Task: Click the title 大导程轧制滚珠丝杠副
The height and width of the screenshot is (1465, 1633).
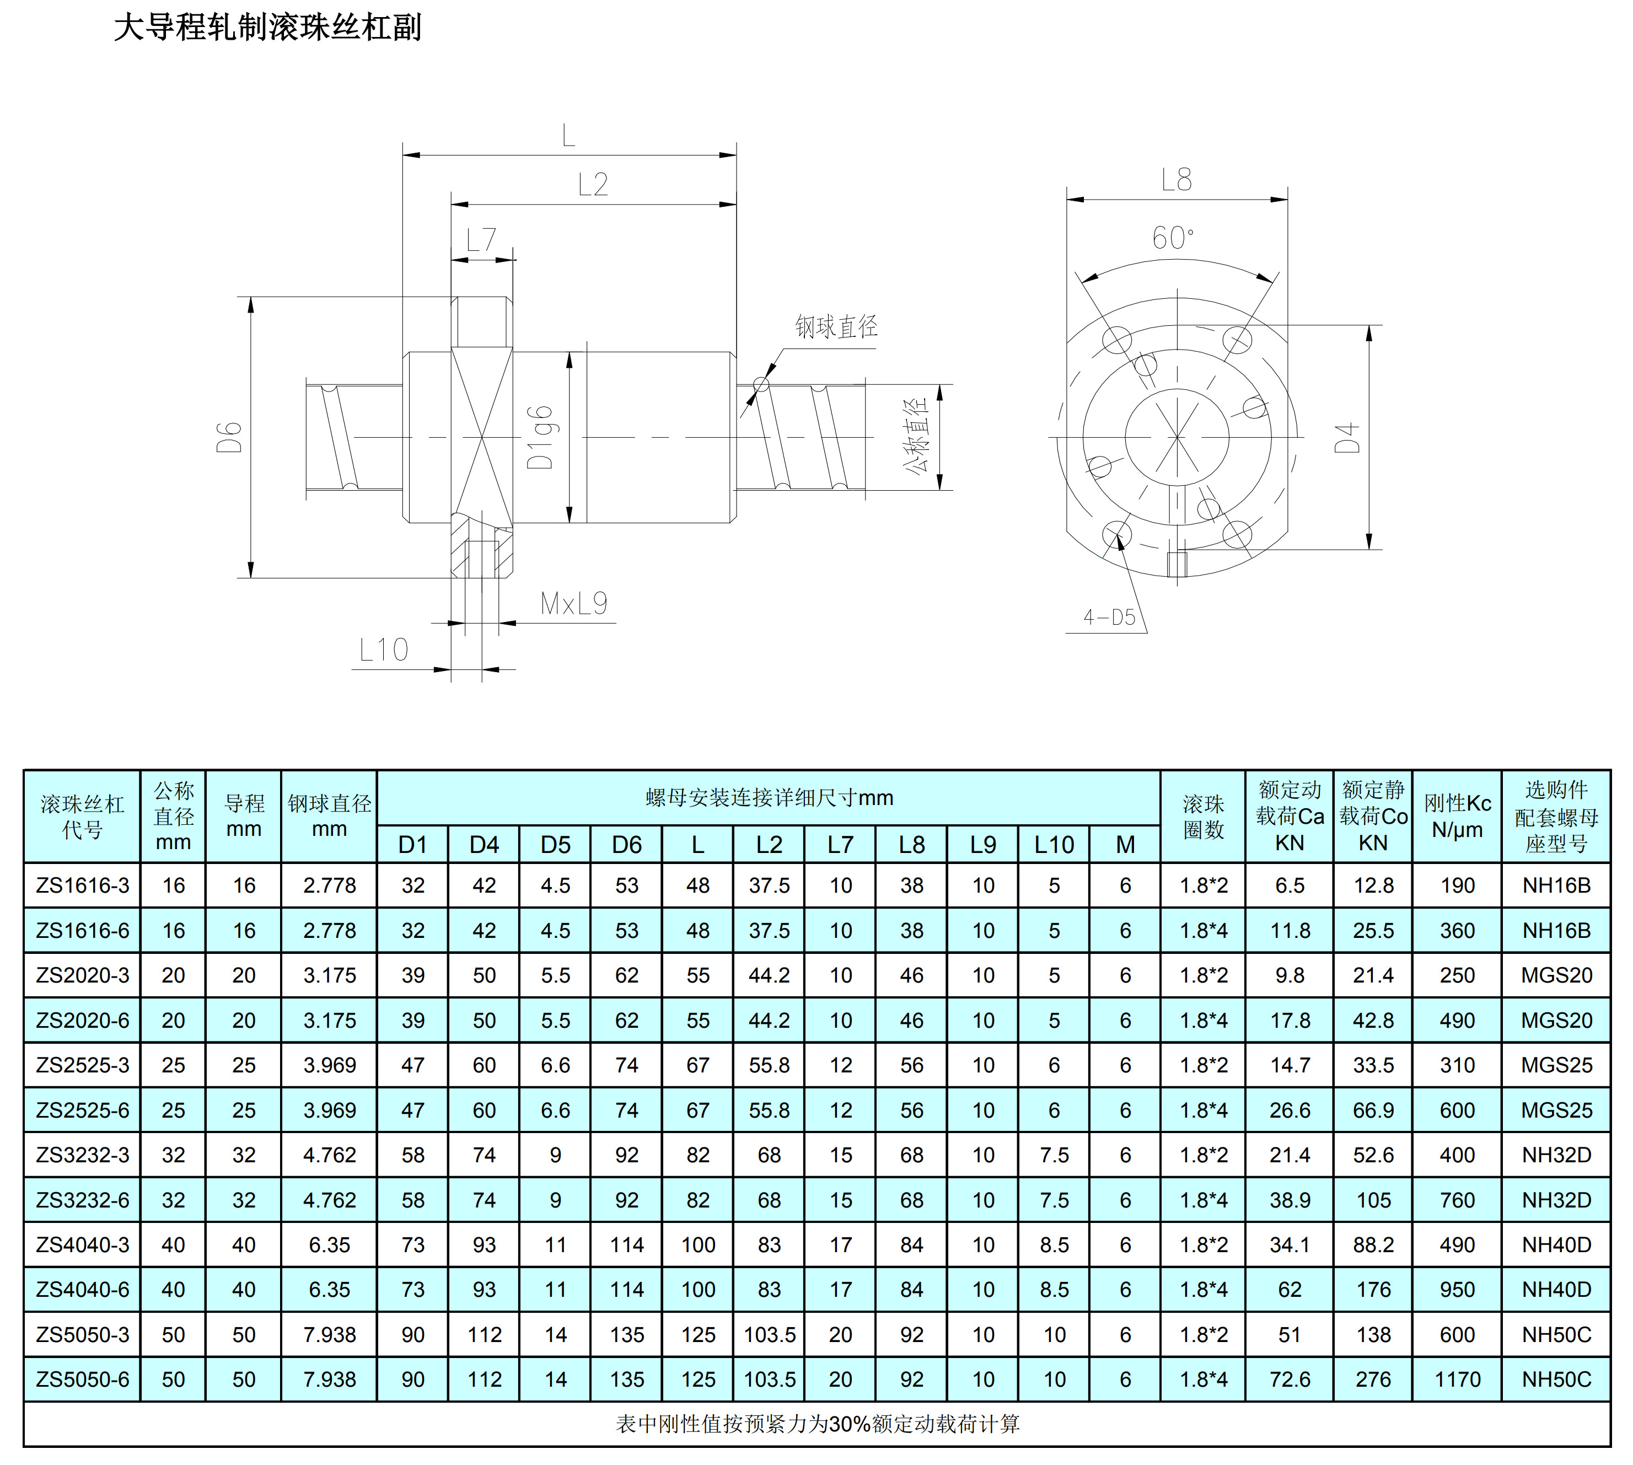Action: click(x=267, y=26)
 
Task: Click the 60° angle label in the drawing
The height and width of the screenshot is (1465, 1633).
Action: click(x=1173, y=238)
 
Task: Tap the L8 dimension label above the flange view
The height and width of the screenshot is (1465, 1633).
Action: click(x=1176, y=180)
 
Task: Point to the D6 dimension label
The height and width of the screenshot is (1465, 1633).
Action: click(x=229, y=437)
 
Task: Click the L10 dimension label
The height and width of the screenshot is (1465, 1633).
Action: click(x=383, y=650)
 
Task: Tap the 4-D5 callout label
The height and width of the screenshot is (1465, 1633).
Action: click(x=1109, y=618)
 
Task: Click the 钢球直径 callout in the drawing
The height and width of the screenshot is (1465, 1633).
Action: click(x=836, y=326)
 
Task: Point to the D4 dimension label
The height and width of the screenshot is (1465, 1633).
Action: click(x=1346, y=437)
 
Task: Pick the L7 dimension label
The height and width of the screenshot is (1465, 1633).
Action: click(x=481, y=239)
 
